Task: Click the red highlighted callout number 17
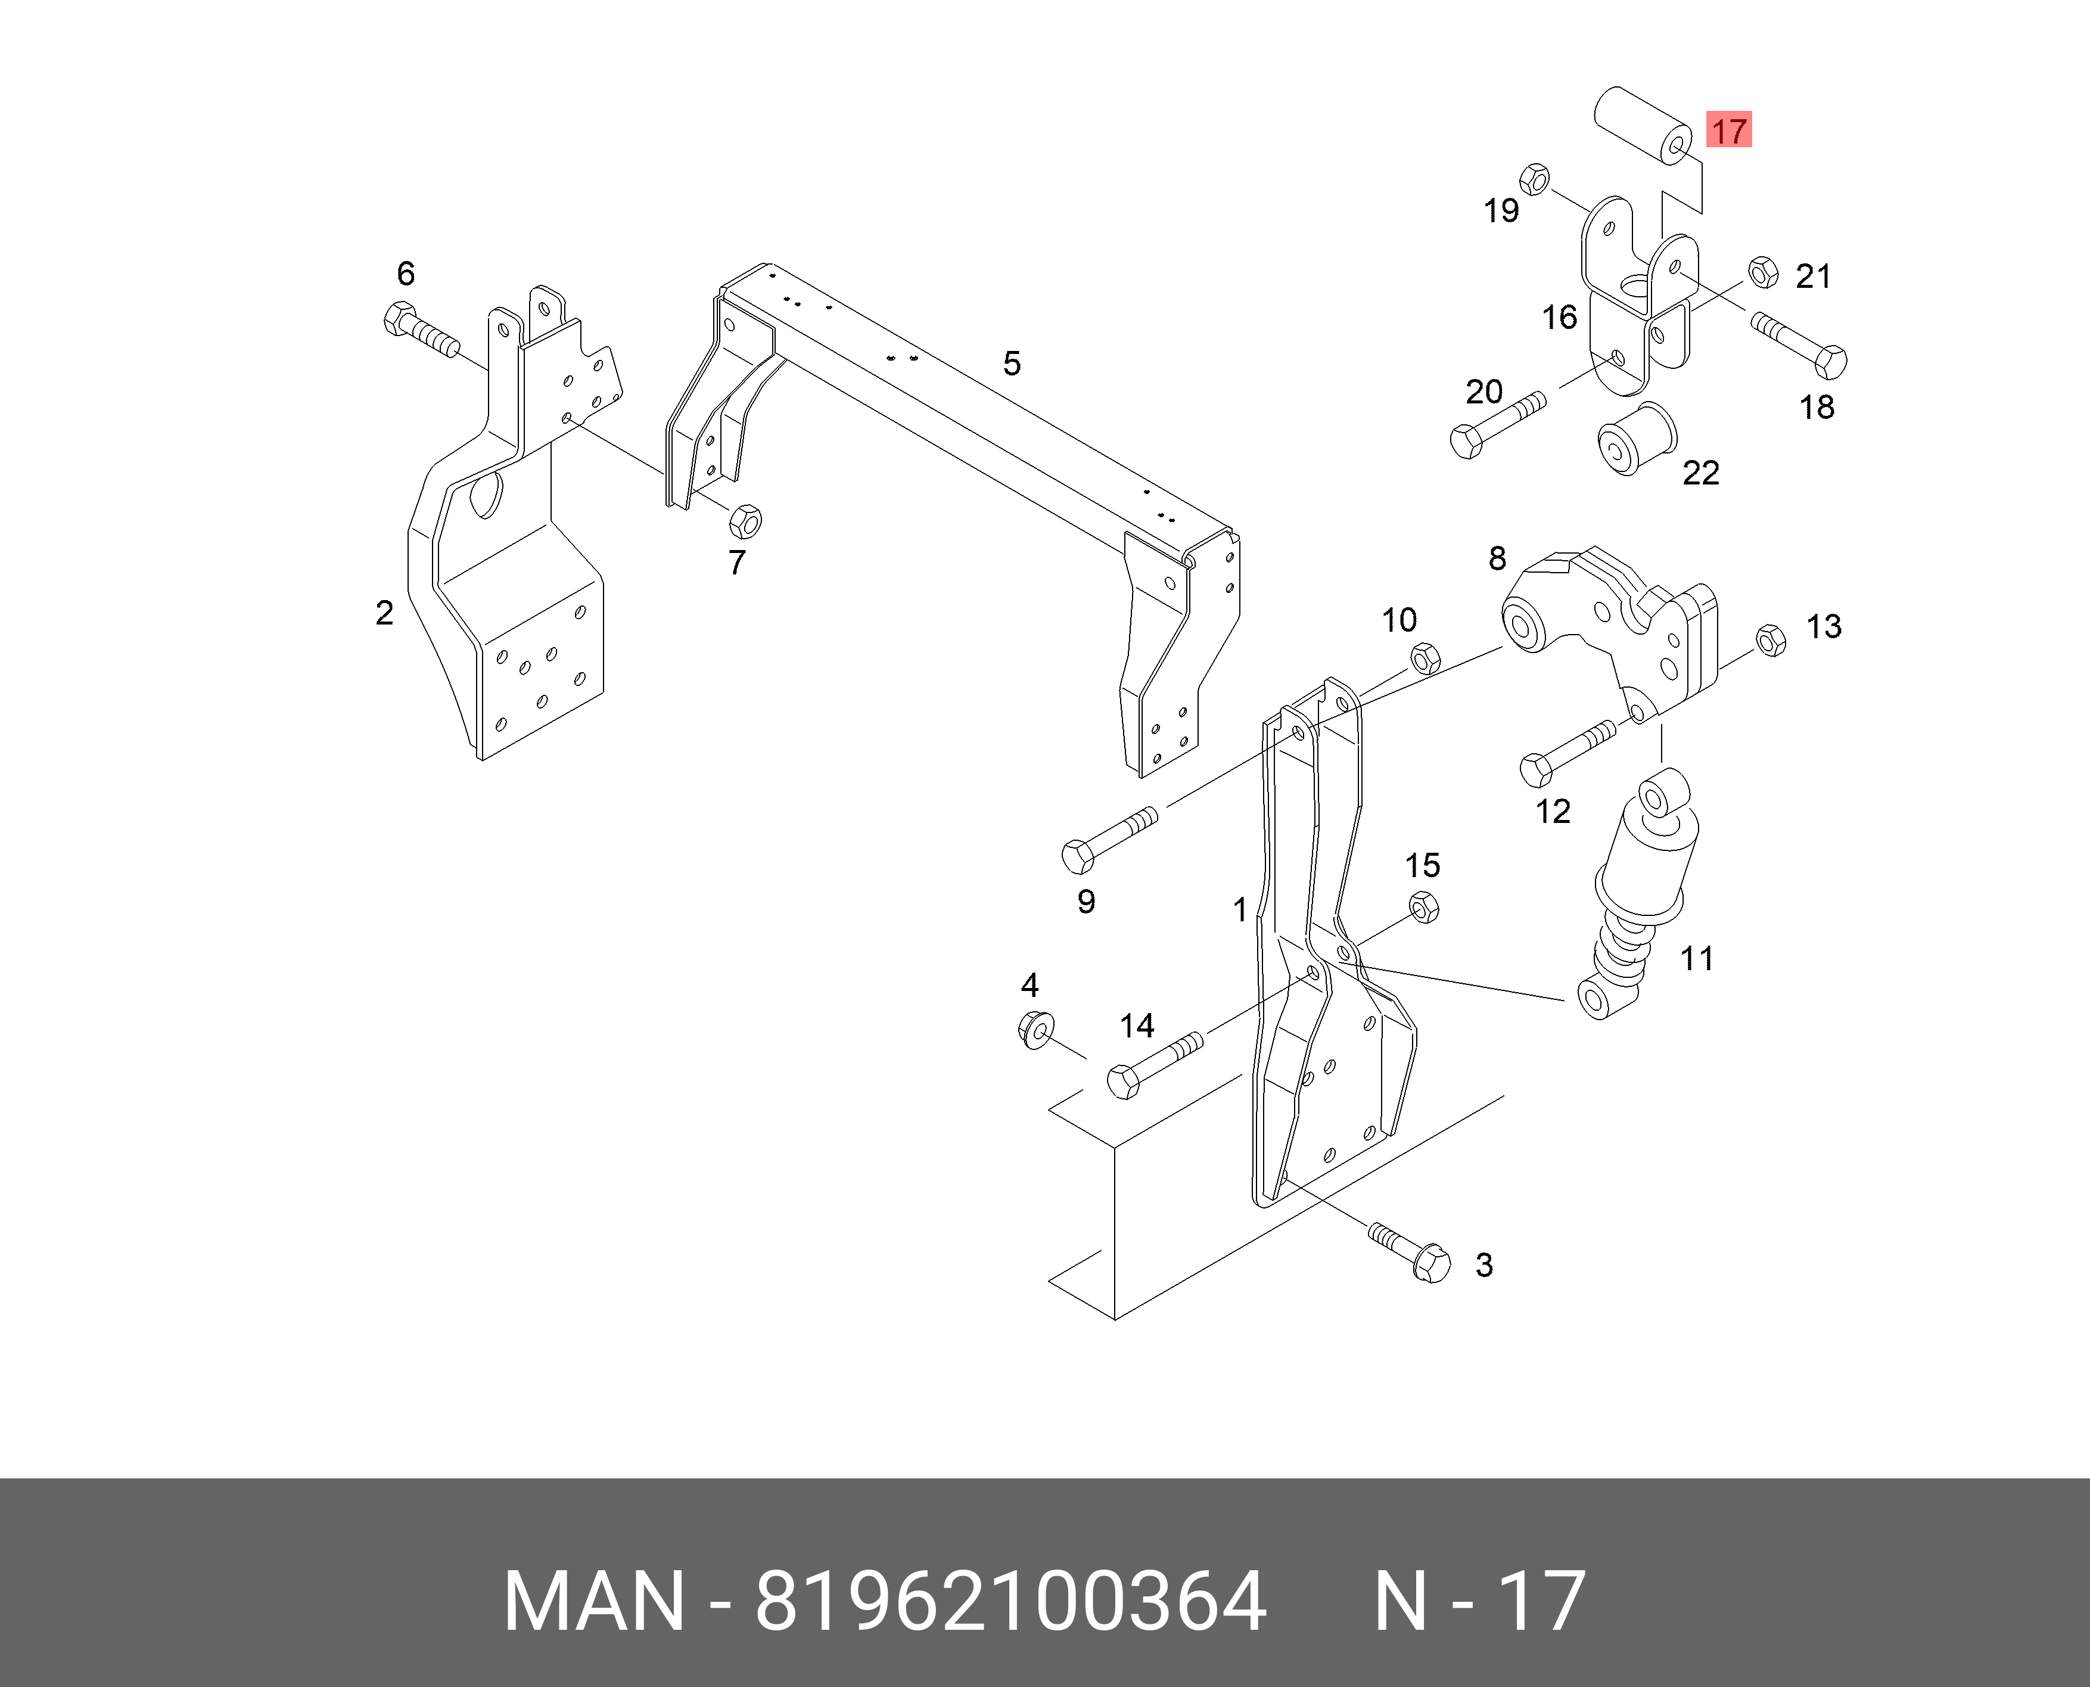click(x=1728, y=131)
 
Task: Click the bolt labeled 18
click(x=1799, y=345)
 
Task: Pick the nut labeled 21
click(x=1762, y=272)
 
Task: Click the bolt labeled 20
click(x=1497, y=425)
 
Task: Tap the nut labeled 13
click(x=1771, y=641)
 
